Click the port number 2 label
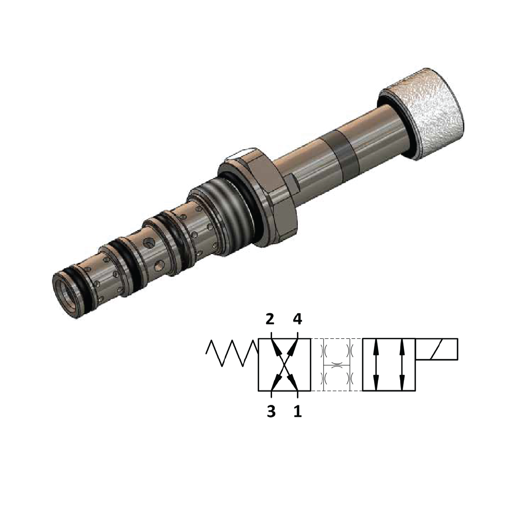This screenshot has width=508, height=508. (x=269, y=319)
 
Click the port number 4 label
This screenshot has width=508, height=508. (x=297, y=319)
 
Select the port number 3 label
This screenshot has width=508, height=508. (x=270, y=411)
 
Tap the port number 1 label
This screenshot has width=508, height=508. (x=297, y=411)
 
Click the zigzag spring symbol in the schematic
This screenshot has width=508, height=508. (x=231, y=353)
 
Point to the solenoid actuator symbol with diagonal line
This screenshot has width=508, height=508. (x=437, y=349)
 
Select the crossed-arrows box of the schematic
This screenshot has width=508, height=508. (x=284, y=365)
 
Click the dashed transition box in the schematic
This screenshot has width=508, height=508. (x=337, y=365)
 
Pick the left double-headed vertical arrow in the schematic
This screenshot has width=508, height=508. (x=376, y=365)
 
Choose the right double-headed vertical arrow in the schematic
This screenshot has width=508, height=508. (x=402, y=365)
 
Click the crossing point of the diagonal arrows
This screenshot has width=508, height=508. (x=284, y=365)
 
